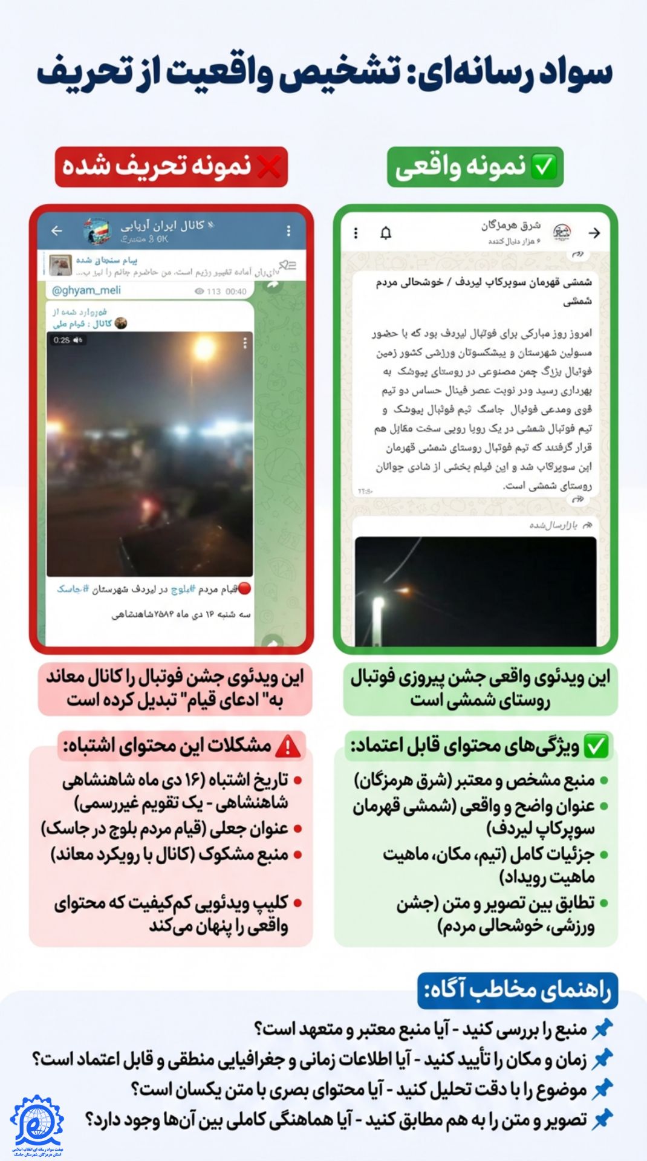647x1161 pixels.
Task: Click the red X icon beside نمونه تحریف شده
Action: point(268,167)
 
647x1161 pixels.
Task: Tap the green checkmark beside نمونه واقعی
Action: point(543,167)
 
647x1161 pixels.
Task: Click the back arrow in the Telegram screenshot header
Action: point(57,230)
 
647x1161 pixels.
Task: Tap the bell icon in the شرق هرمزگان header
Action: point(386,233)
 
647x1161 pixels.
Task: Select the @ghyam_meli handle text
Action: point(86,290)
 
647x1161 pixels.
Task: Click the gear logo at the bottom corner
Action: point(36,1124)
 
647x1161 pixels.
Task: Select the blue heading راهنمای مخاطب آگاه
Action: point(518,990)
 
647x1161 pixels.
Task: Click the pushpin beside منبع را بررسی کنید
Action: point(602,1029)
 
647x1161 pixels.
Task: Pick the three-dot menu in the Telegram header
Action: point(288,230)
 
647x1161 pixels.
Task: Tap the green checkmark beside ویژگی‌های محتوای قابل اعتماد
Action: point(596,746)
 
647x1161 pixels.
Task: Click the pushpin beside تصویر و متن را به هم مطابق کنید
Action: point(602,1119)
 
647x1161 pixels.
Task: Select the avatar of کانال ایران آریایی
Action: point(97,230)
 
